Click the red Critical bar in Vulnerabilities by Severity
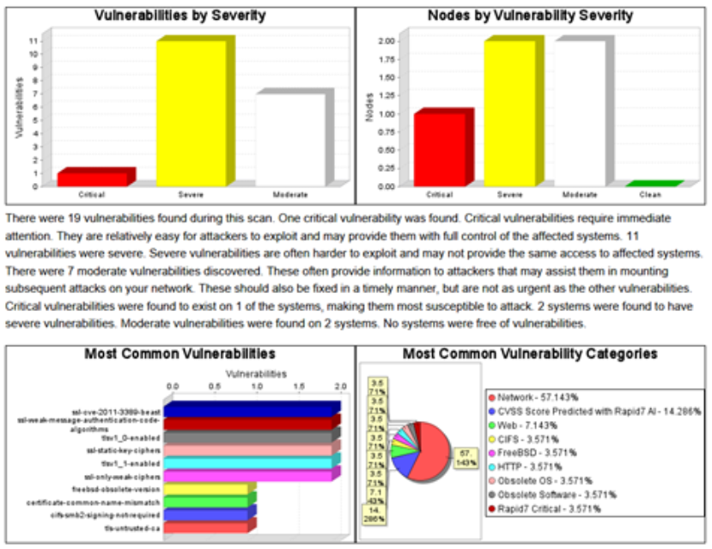pos(92,179)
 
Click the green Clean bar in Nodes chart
pos(654,184)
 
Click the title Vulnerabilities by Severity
pos(180,15)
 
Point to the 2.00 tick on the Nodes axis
pos(386,41)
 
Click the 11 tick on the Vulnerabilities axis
pos(33,41)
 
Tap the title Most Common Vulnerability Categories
pos(530,353)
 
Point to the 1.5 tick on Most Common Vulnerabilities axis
pos(298,386)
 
